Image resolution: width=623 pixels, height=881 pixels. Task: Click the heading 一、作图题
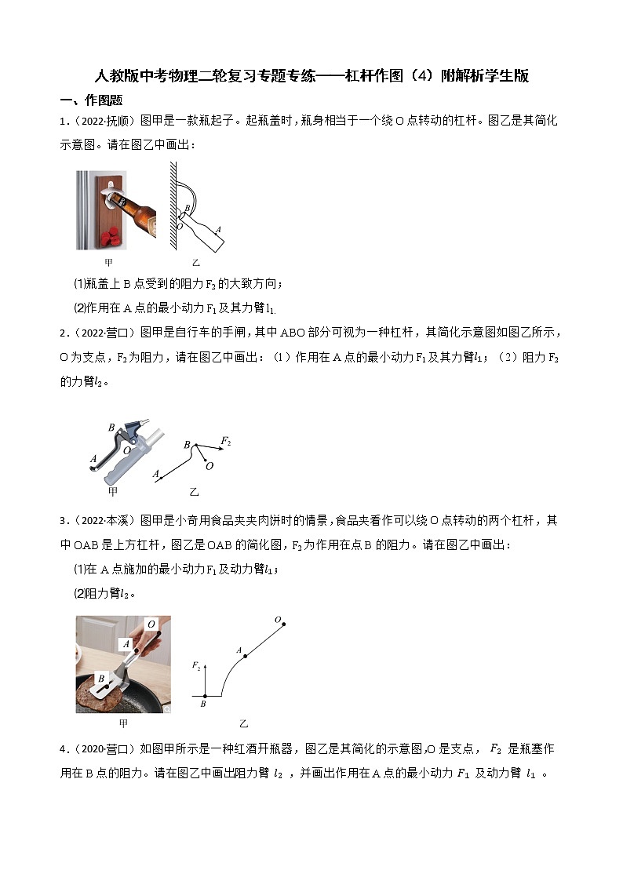[x=91, y=100]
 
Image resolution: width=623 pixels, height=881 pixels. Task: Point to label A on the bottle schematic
[x=217, y=230]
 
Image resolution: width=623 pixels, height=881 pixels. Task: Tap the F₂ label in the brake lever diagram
[x=226, y=442]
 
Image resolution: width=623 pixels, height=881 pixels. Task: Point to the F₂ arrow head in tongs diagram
[x=205, y=665]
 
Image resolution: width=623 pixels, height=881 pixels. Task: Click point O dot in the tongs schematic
[x=284, y=624]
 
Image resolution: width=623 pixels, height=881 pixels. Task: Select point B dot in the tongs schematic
[x=205, y=695]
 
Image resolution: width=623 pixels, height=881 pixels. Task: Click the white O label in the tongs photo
[x=151, y=624]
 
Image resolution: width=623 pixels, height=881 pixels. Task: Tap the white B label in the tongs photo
[x=101, y=679]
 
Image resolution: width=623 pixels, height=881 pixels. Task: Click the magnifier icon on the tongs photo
[x=166, y=708]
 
